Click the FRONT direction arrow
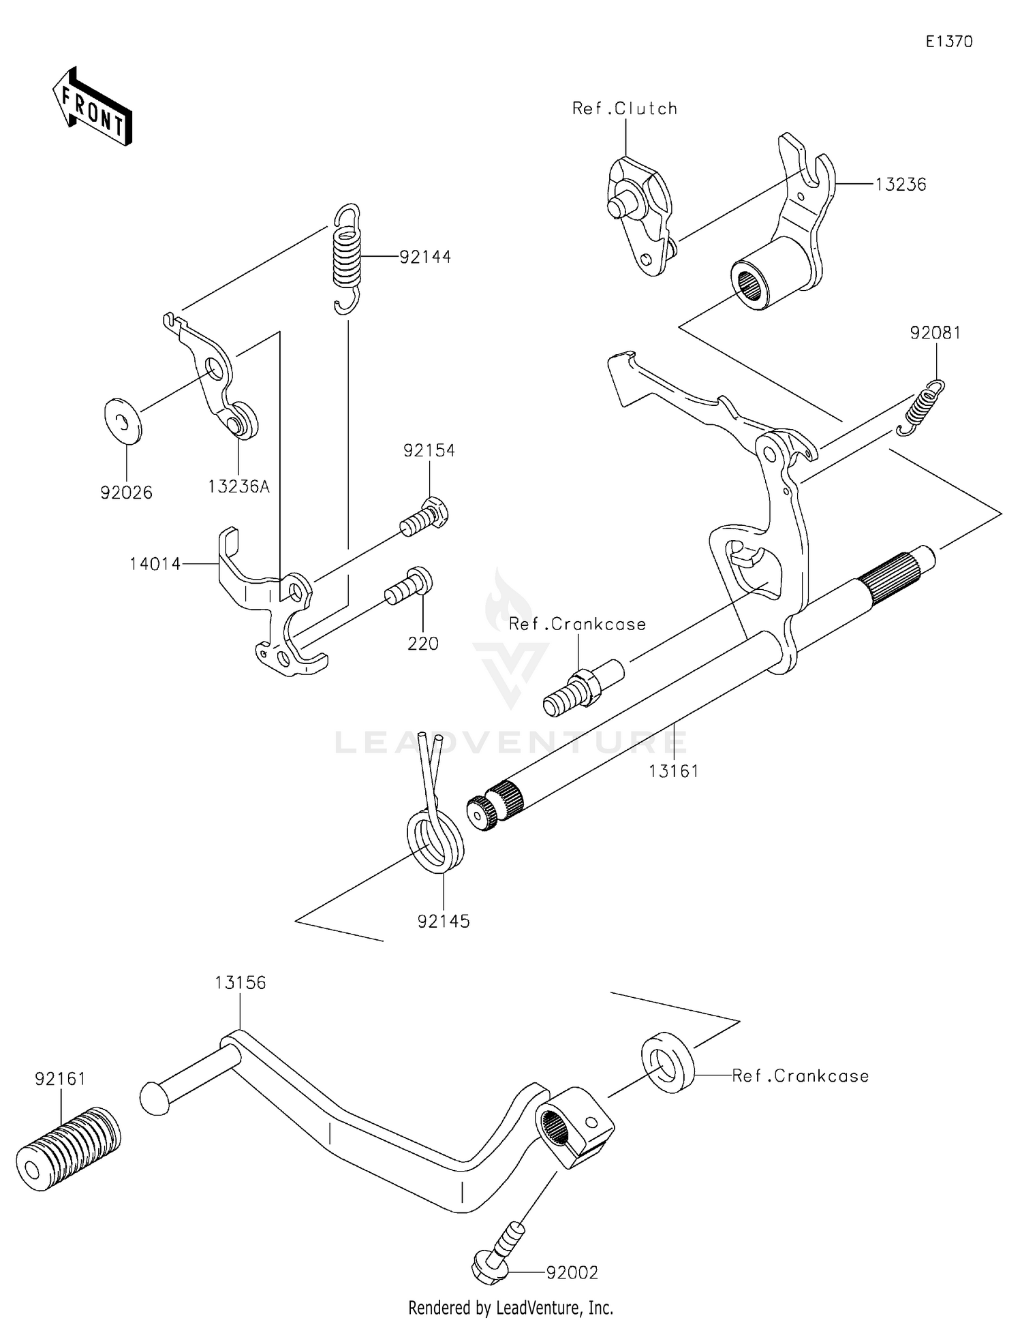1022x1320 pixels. click(91, 108)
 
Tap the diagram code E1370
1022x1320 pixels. click(948, 42)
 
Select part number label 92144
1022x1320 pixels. click(425, 257)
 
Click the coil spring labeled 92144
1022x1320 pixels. click(346, 259)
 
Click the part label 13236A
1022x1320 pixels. click(238, 486)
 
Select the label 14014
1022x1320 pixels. click(155, 563)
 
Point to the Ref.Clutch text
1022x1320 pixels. click(625, 108)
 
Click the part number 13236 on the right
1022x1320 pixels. click(900, 184)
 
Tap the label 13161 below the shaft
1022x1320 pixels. click(673, 771)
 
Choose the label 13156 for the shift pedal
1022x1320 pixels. click(240, 982)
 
